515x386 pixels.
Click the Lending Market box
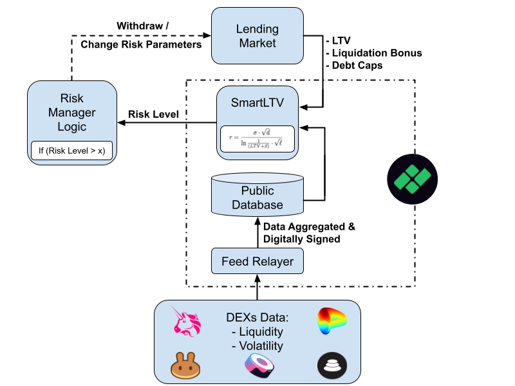[x=258, y=36]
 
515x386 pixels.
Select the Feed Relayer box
[x=257, y=261]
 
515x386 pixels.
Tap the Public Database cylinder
[x=257, y=196]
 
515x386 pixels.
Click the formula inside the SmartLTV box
[x=257, y=138]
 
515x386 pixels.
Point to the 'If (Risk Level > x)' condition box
[x=71, y=150]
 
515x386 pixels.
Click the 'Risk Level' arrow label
[x=153, y=114]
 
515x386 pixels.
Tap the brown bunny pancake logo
[x=185, y=365]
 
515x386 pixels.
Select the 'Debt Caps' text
[x=358, y=65]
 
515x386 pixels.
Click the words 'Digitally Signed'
[x=301, y=239]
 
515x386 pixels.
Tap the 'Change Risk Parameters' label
[x=141, y=44]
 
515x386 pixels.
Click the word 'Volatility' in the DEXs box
[x=261, y=345]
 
